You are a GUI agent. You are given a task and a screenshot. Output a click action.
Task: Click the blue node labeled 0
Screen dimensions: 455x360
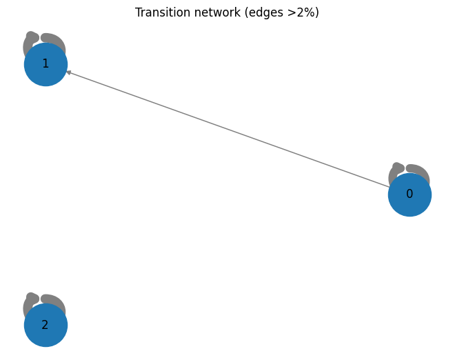tap(410, 194)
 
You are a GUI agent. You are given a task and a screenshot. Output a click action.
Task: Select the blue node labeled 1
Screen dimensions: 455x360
tap(46, 64)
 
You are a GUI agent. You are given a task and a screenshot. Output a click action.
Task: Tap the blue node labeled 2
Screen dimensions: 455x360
tap(46, 325)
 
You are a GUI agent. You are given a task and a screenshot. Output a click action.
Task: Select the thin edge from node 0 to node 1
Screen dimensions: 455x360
tap(228, 129)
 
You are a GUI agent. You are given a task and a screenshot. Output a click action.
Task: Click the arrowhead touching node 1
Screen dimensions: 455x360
tap(68, 72)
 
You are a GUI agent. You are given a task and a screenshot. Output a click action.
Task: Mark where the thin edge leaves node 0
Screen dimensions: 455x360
tap(390, 188)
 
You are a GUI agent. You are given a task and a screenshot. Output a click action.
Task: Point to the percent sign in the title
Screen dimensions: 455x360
tap(310, 12)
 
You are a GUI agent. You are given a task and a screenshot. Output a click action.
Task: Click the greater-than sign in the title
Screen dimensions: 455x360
tap(292, 13)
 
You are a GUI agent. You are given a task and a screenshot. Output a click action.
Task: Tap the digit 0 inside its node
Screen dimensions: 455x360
tap(410, 194)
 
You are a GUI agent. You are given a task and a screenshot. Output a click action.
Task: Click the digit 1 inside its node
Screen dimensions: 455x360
tap(45, 63)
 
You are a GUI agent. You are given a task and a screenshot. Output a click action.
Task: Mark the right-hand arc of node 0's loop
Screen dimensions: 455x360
tap(418, 172)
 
